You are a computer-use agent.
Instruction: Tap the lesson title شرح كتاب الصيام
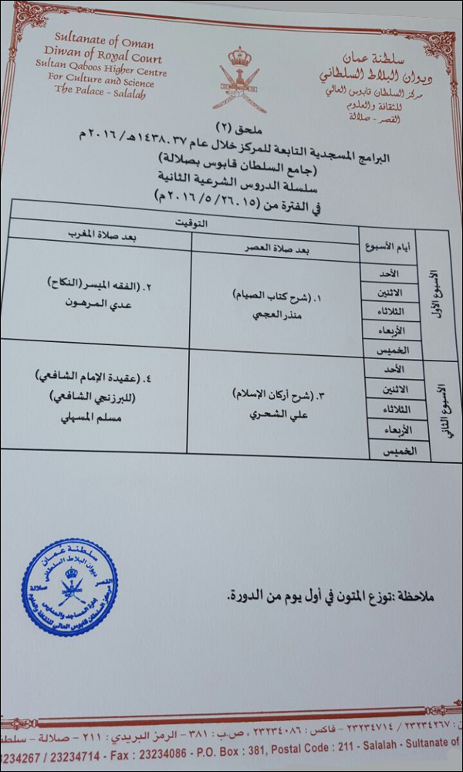coord(270,294)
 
